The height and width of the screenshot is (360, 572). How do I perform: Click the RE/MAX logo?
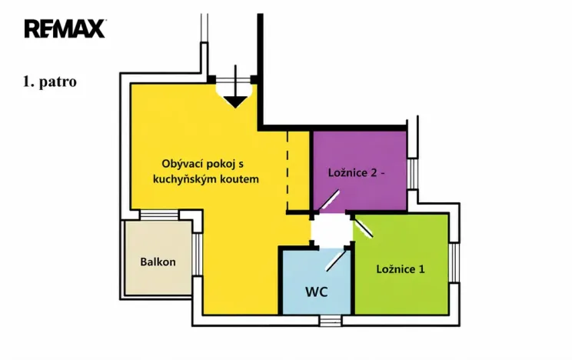pyautogui.click(x=65, y=28)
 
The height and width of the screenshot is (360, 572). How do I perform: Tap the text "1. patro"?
pyautogui.click(x=50, y=82)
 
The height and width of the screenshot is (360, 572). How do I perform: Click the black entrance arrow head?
pyautogui.click(x=235, y=102)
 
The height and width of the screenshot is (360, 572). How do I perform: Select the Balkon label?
pyautogui.click(x=158, y=262)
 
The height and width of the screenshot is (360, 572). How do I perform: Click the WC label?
pyautogui.click(x=316, y=292)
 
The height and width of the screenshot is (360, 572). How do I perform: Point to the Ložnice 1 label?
pyautogui.click(x=401, y=269)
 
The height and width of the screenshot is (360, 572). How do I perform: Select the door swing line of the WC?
pyautogui.click(x=336, y=259)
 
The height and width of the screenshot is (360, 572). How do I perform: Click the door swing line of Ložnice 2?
pyautogui.click(x=328, y=202)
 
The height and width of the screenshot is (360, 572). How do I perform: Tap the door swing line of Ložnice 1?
pyautogui.click(x=363, y=226)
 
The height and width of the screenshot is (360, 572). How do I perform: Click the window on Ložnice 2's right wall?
pyautogui.click(x=412, y=174)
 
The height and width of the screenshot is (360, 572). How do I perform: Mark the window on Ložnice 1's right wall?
pyautogui.click(x=454, y=262)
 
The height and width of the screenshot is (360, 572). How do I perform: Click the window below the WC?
pyautogui.click(x=331, y=321)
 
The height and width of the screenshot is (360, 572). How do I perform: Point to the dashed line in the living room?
pyautogui.click(x=288, y=171)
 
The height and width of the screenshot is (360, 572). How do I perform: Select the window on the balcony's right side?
pyautogui.click(x=197, y=255)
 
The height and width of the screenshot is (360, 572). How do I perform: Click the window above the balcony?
pyautogui.click(x=159, y=215)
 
